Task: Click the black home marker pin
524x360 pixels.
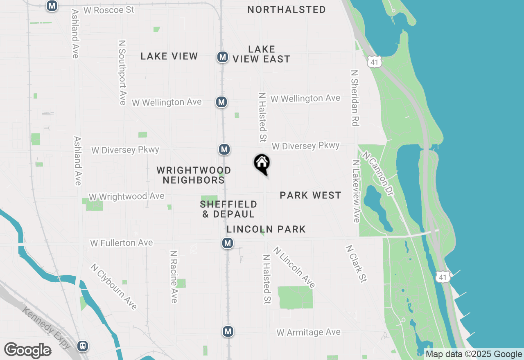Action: [262, 164]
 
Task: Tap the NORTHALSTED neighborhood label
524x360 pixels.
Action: [287, 9]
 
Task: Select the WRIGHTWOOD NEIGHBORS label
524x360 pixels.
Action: [194, 175]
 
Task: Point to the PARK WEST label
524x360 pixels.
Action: [310, 195]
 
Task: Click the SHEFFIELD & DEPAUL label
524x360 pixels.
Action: [228, 209]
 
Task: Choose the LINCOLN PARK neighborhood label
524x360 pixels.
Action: [266, 229]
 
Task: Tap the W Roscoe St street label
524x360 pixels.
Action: [109, 10]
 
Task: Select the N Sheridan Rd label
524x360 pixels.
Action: [355, 97]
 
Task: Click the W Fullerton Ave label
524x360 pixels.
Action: [122, 243]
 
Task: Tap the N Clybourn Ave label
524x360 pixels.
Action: [114, 286]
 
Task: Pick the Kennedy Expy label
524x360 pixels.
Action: [46, 328]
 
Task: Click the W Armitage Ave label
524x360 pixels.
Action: [308, 332]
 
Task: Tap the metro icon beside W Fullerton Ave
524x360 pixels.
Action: [228, 243]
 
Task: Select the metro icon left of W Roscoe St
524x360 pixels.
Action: [52, 6]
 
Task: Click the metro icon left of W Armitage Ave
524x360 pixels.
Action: [228, 331]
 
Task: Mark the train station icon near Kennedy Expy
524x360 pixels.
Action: [83, 346]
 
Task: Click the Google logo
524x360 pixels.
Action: [27, 350]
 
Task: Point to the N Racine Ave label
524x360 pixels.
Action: [174, 277]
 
